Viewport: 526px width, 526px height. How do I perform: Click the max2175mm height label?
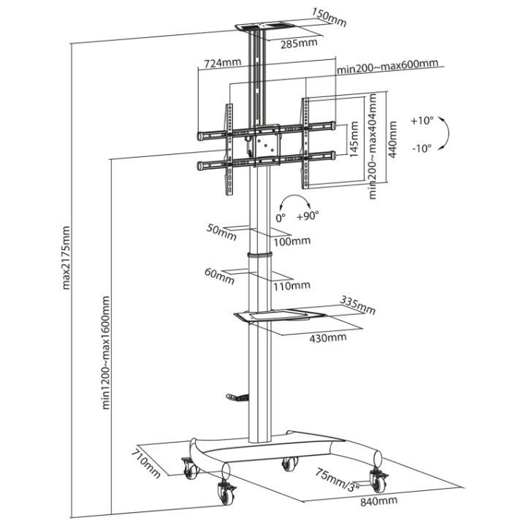(66, 258)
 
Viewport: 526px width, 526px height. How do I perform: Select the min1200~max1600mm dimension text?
(106, 353)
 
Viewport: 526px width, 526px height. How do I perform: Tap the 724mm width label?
(223, 63)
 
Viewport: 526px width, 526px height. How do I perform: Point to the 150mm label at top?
(329, 17)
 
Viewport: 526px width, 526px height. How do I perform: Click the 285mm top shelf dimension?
(299, 43)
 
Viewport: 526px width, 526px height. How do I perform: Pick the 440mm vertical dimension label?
(392, 140)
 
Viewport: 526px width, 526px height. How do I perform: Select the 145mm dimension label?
(354, 140)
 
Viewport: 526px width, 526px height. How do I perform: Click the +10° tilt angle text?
(422, 121)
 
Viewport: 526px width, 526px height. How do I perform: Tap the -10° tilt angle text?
(422, 148)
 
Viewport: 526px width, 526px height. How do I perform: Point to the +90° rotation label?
(308, 216)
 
